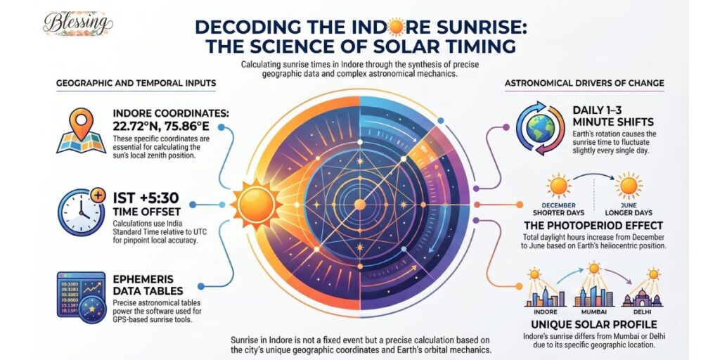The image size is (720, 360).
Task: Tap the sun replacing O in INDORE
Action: pos(396,28)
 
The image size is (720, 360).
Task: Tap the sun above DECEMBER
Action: pos(560,186)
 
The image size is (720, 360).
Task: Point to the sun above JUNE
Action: pos(628,186)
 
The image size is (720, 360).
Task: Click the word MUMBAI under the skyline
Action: pos(592,311)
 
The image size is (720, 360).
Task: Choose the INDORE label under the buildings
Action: pos(541,311)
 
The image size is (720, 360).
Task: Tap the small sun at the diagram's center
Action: pos(359,204)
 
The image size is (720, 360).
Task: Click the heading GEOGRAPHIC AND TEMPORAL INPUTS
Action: pos(136,84)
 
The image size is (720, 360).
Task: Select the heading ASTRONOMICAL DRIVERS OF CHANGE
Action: pos(584,84)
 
